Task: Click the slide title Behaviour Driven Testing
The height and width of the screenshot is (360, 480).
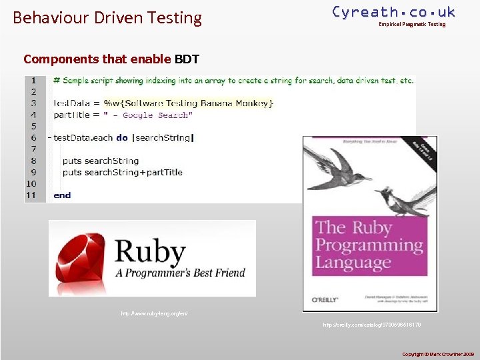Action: (107, 17)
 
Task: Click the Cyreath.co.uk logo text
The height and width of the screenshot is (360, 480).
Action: (393, 12)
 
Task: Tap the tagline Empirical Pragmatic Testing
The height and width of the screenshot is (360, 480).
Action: (411, 25)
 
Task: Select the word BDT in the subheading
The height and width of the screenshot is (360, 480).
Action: (187, 59)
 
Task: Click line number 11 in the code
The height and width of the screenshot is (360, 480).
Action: (31, 195)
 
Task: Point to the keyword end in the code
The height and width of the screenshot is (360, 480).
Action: (62, 195)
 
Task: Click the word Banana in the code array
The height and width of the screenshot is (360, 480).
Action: (213, 103)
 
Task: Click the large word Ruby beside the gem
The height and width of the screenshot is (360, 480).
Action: (150, 251)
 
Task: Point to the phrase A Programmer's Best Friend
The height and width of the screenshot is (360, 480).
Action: (180, 273)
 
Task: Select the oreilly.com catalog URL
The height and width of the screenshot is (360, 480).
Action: (371, 325)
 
